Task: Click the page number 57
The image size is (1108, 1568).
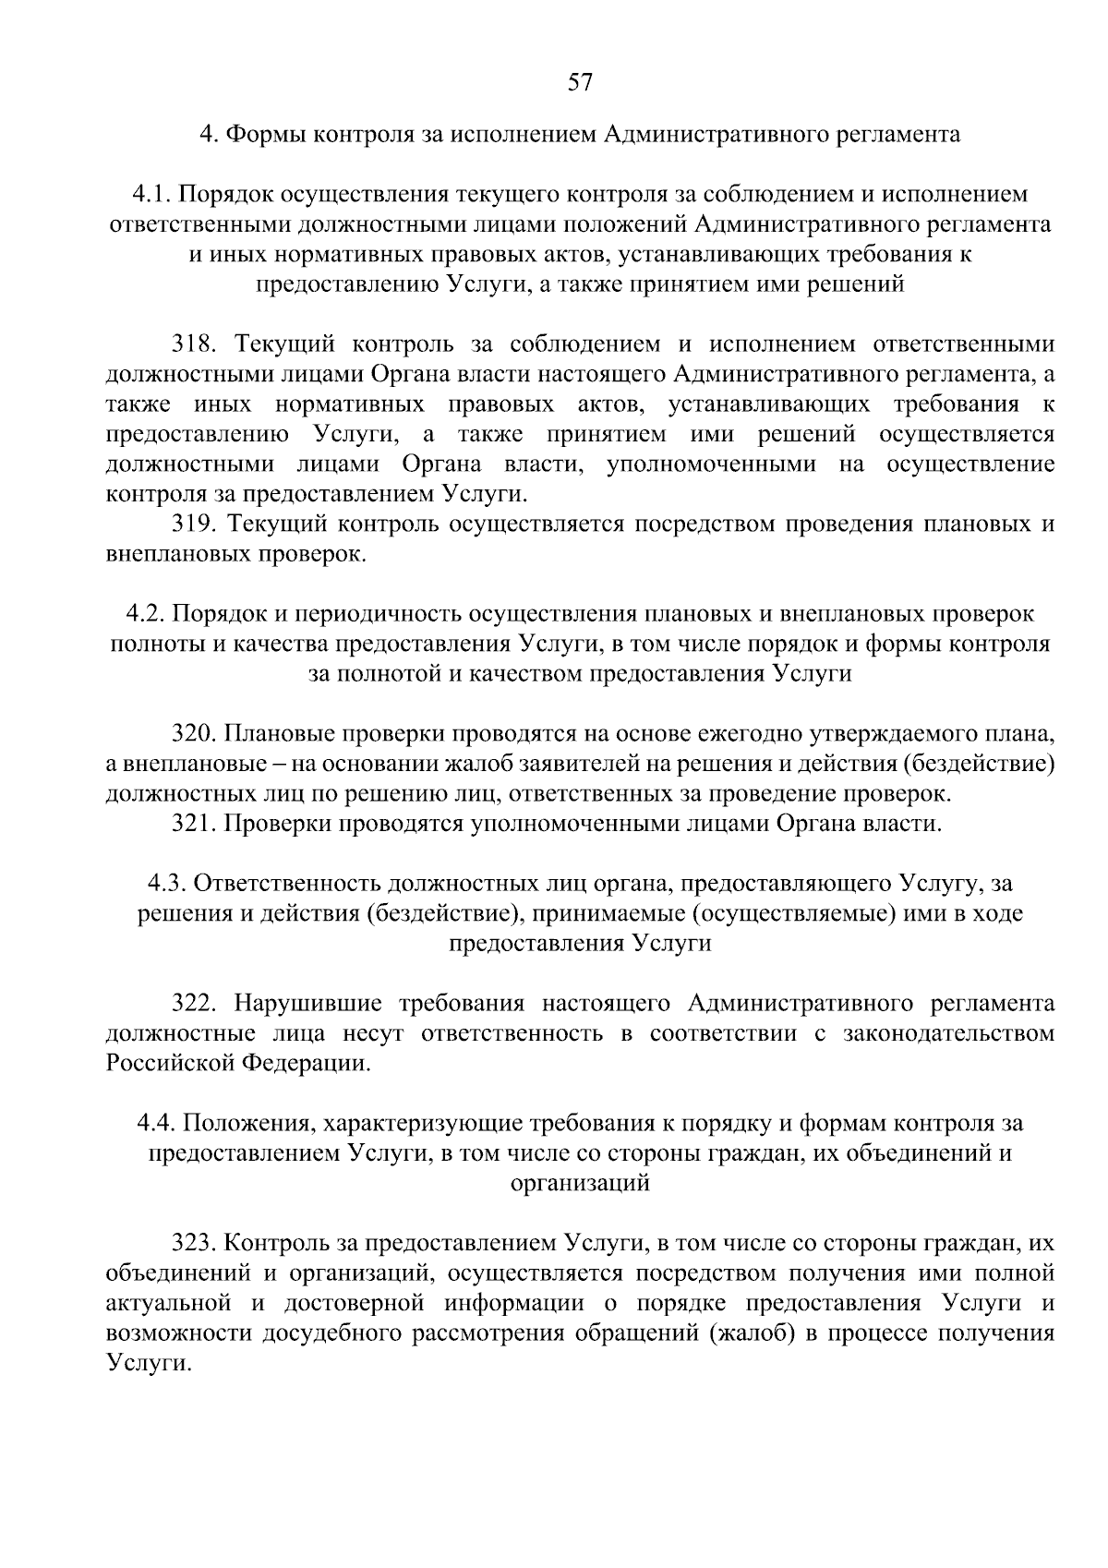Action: pyautogui.click(x=579, y=83)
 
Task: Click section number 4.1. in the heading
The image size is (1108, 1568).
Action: pyautogui.click(x=151, y=194)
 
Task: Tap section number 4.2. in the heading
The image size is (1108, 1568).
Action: pyautogui.click(x=145, y=614)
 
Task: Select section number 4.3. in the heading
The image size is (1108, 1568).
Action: pyautogui.click(x=168, y=883)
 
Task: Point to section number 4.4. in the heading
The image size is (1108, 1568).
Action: pyautogui.click(x=157, y=1123)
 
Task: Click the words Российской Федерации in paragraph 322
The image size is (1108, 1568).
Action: pyautogui.click(x=237, y=1063)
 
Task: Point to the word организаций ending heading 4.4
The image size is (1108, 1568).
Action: pyautogui.click(x=580, y=1183)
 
